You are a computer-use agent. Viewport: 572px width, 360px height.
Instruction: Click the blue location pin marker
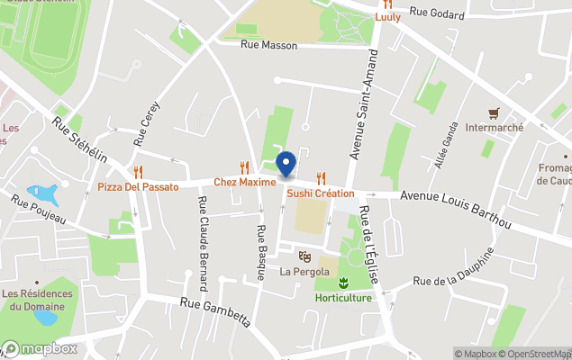tap(286, 165)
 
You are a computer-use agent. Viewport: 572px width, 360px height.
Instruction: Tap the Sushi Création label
tap(321, 193)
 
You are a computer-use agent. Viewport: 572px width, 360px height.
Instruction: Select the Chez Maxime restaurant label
tap(244, 182)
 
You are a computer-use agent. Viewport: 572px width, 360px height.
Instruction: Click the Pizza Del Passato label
tap(138, 186)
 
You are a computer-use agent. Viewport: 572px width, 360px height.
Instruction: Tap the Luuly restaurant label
tap(387, 16)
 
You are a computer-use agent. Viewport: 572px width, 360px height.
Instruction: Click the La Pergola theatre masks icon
tap(304, 256)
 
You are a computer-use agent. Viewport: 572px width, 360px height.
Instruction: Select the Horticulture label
tap(343, 298)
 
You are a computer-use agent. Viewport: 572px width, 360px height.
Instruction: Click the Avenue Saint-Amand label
tap(368, 107)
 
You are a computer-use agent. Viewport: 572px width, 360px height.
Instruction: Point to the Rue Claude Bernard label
tap(204, 239)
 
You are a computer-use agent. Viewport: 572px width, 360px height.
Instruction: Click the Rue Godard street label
tap(436, 13)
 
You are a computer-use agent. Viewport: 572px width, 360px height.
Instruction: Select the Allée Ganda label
tap(446, 144)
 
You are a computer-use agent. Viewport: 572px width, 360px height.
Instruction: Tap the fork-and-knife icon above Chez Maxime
tap(244, 166)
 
